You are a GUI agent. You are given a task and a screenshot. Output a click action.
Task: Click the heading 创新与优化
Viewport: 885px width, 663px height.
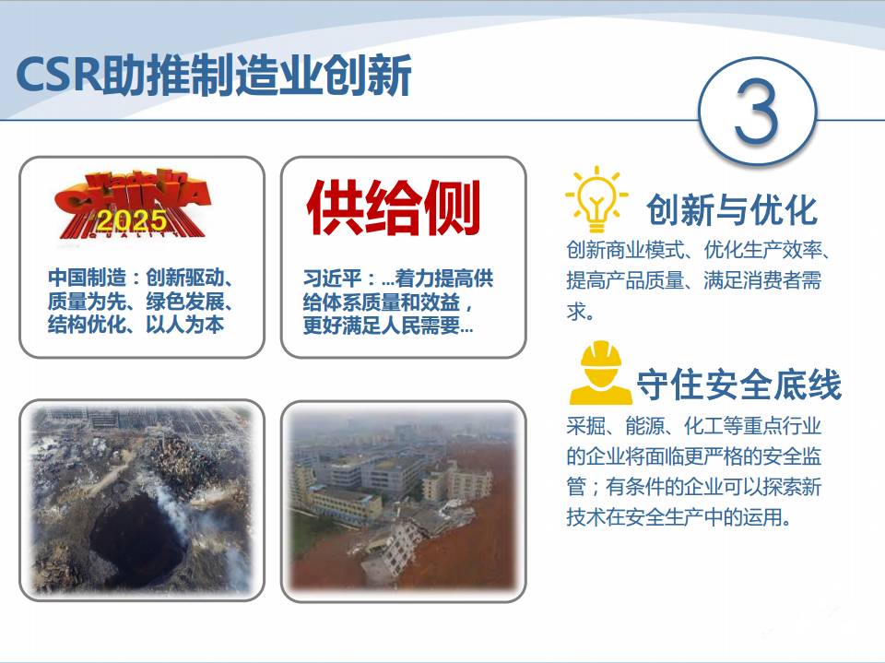pyautogui.click(x=732, y=209)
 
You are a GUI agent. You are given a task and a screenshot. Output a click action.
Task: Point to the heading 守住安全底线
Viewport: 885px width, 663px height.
pyautogui.click(x=738, y=385)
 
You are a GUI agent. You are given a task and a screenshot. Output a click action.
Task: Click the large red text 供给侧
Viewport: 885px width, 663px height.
pyautogui.click(x=394, y=208)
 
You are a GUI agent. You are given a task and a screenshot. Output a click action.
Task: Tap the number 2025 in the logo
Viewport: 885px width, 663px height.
pyautogui.click(x=132, y=220)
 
